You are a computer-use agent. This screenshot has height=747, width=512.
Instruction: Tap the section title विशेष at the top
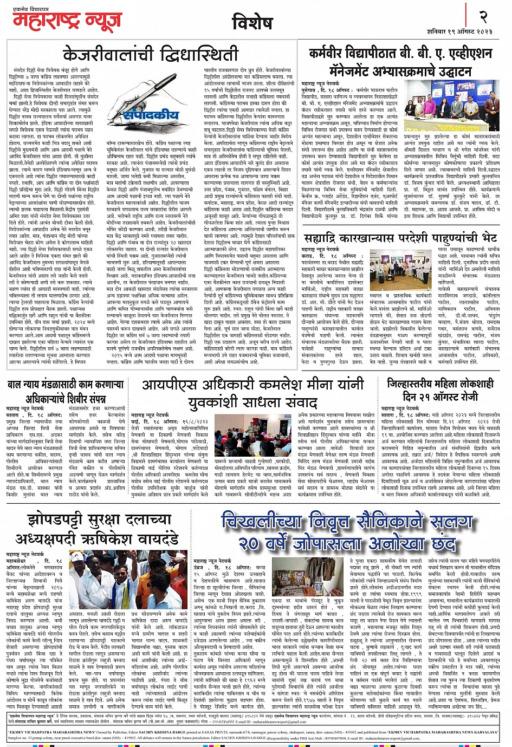point(252,23)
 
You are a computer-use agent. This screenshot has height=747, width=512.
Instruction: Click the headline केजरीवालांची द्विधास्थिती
point(151,55)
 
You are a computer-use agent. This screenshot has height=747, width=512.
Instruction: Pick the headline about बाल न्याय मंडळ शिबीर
point(66,390)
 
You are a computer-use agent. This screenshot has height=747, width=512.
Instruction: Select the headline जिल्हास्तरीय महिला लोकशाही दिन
point(440,389)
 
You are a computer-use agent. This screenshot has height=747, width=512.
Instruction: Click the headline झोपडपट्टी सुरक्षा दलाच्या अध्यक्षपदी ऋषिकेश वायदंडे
point(97,530)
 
